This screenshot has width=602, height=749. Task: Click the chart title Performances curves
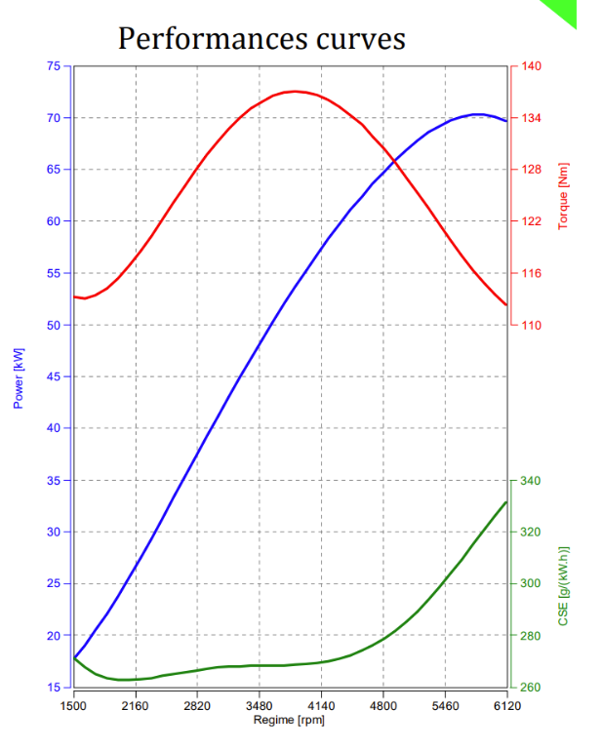[261, 38]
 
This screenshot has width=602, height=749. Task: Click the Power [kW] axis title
[18, 377]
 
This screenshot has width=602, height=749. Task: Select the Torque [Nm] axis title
[563, 196]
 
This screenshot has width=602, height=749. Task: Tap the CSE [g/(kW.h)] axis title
[563, 585]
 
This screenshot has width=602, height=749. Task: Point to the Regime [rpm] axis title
[289, 720]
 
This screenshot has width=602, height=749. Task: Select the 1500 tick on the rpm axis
[73, 704]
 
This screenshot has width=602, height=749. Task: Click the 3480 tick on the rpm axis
[260, 704]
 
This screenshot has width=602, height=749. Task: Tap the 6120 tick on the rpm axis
[507, 704]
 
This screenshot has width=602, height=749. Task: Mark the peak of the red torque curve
[295, 92]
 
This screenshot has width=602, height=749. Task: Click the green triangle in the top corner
[563, 12]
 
